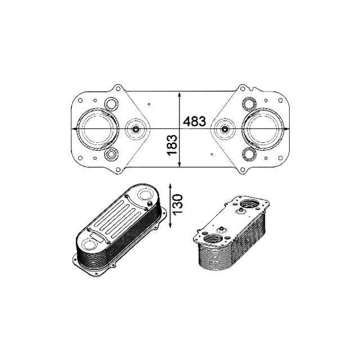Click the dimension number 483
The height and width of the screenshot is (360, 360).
194,121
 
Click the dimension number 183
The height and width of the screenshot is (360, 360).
173,145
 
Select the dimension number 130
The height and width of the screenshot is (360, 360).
178,205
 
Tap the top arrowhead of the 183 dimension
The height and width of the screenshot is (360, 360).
179,96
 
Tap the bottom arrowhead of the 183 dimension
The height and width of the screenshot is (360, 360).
179,163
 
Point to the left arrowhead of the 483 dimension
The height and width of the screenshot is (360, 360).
75,129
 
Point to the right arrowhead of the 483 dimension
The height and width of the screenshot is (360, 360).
286,129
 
